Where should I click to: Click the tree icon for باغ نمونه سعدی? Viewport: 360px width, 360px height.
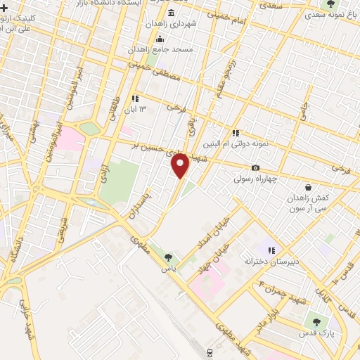(x=330, y=4)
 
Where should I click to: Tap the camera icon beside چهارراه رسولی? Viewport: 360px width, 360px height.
(x=255, y=167)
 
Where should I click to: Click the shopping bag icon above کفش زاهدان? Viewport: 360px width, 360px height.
(x=309, y=187)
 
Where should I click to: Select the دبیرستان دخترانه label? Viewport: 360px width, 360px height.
(x=267, y=262)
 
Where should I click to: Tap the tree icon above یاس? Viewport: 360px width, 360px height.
(x=167, y=257)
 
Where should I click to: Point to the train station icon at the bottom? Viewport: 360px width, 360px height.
(x=210, y=352)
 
